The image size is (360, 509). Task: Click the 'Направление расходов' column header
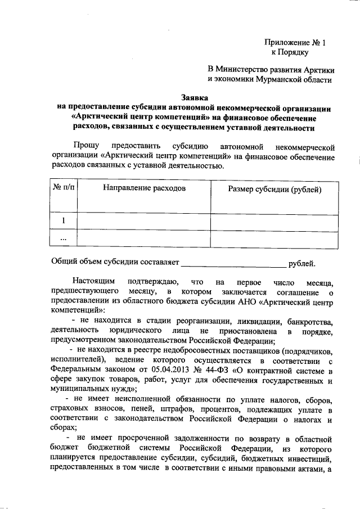point(144,188)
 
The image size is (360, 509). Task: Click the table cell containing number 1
point(63,221)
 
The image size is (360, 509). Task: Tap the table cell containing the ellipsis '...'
point(63,238)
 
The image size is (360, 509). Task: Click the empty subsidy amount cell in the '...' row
point(274,238)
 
